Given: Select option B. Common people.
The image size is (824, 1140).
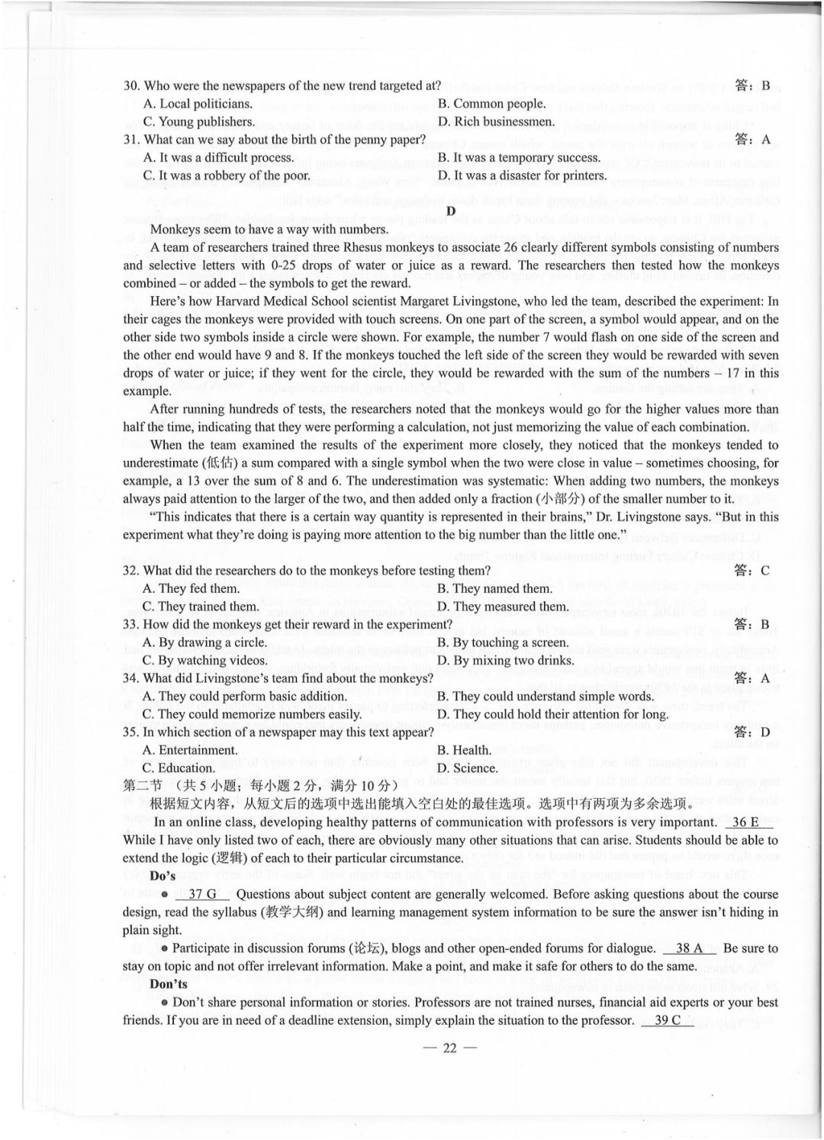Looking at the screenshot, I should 491,104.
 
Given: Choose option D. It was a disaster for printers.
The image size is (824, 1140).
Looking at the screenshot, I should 522,176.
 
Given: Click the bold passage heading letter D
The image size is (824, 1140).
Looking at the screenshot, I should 451,211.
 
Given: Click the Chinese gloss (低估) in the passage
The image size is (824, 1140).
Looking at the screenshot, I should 222,463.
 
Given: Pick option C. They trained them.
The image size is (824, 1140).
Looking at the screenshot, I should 201,607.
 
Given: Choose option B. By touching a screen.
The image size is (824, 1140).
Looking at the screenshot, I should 502,642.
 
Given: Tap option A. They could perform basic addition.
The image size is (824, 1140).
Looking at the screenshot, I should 244,696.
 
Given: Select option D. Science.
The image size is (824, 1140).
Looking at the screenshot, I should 467,768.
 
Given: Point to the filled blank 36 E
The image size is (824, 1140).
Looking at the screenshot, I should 745,822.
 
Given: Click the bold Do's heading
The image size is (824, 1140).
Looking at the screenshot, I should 163,876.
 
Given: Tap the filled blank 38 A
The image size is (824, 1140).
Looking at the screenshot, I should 689,948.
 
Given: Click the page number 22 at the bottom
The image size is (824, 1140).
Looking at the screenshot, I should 449,1048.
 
